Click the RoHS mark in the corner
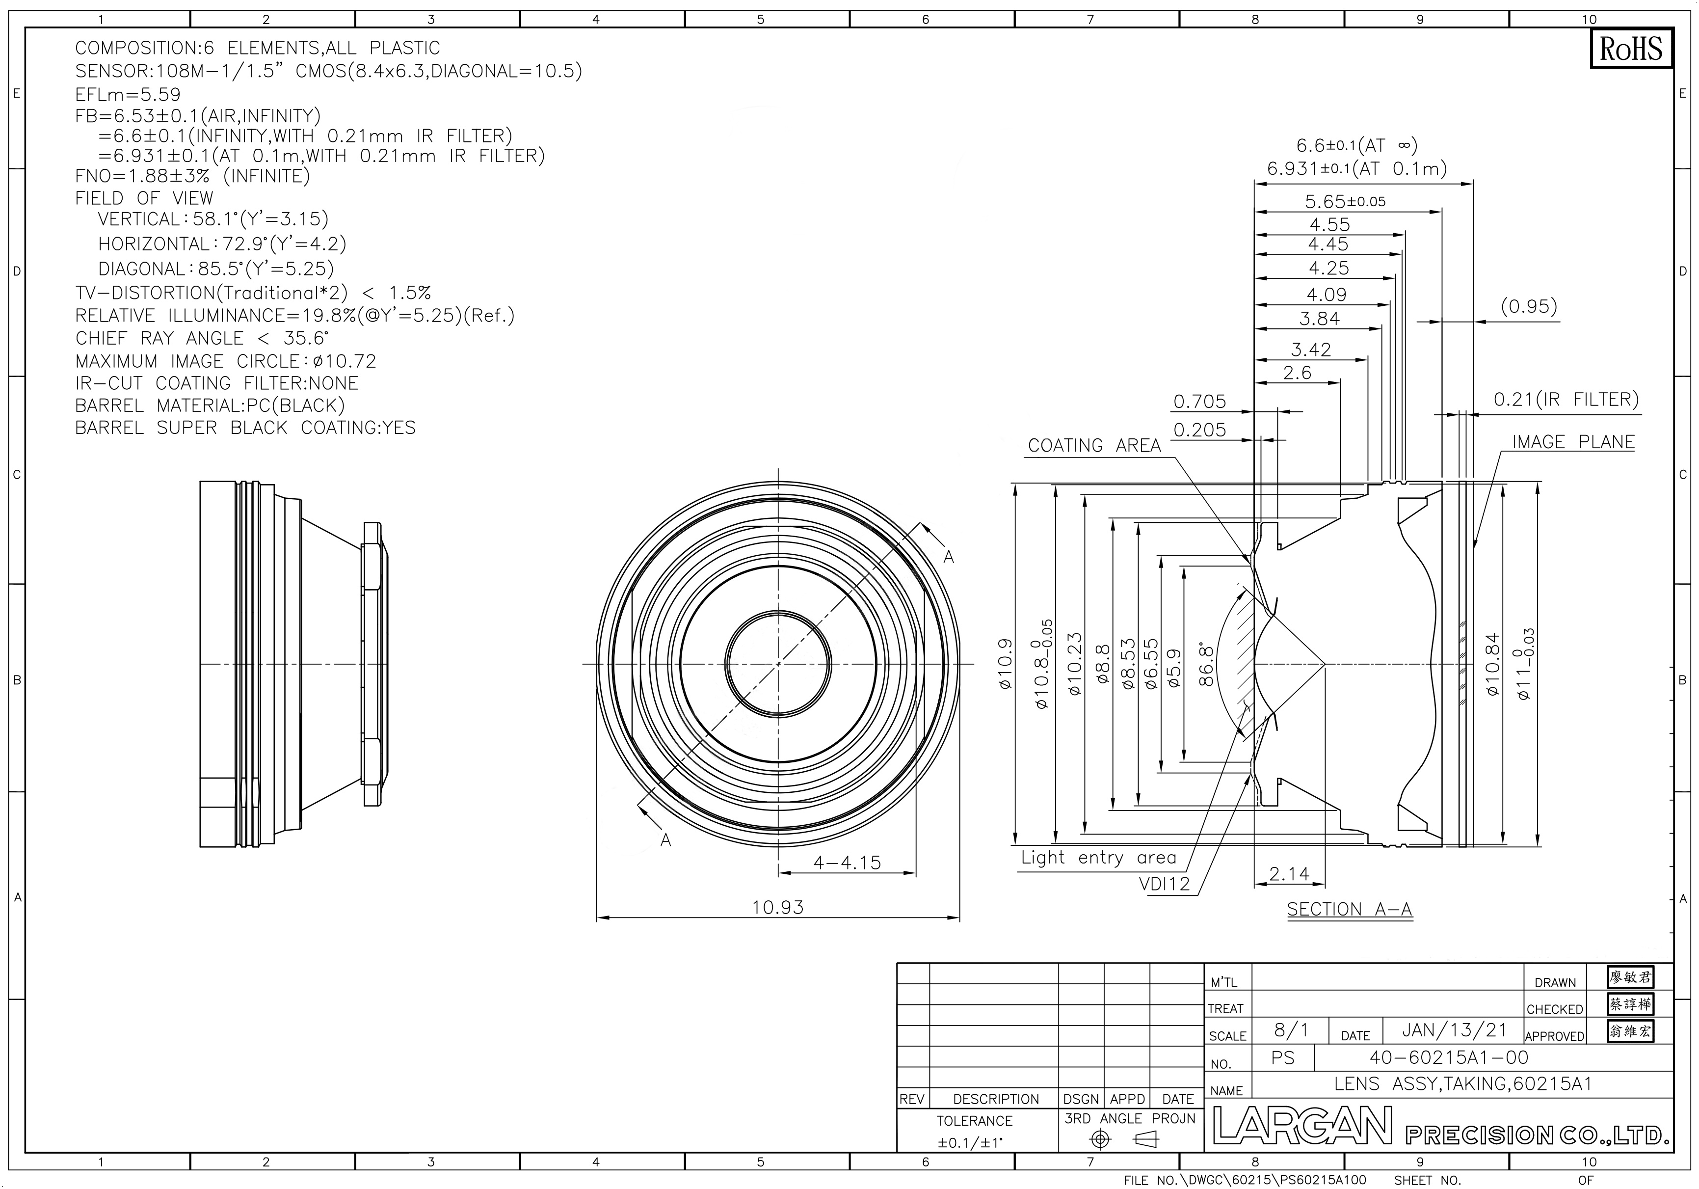[x=1630, y=49]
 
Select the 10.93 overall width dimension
[x=778, y=907]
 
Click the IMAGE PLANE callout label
[x=1573, y=442]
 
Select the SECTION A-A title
[x=1350, y=909]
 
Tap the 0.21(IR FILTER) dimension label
[x=1566, y=400]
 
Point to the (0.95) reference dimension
[x=1529, y=306]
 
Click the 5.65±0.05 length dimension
[x=1345, y=201]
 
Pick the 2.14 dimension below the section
[x=1289, y=874]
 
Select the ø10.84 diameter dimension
[x=1492, y=664]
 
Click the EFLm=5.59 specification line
[x=128, y=94]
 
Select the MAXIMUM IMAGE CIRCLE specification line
[x=226, y=361]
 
